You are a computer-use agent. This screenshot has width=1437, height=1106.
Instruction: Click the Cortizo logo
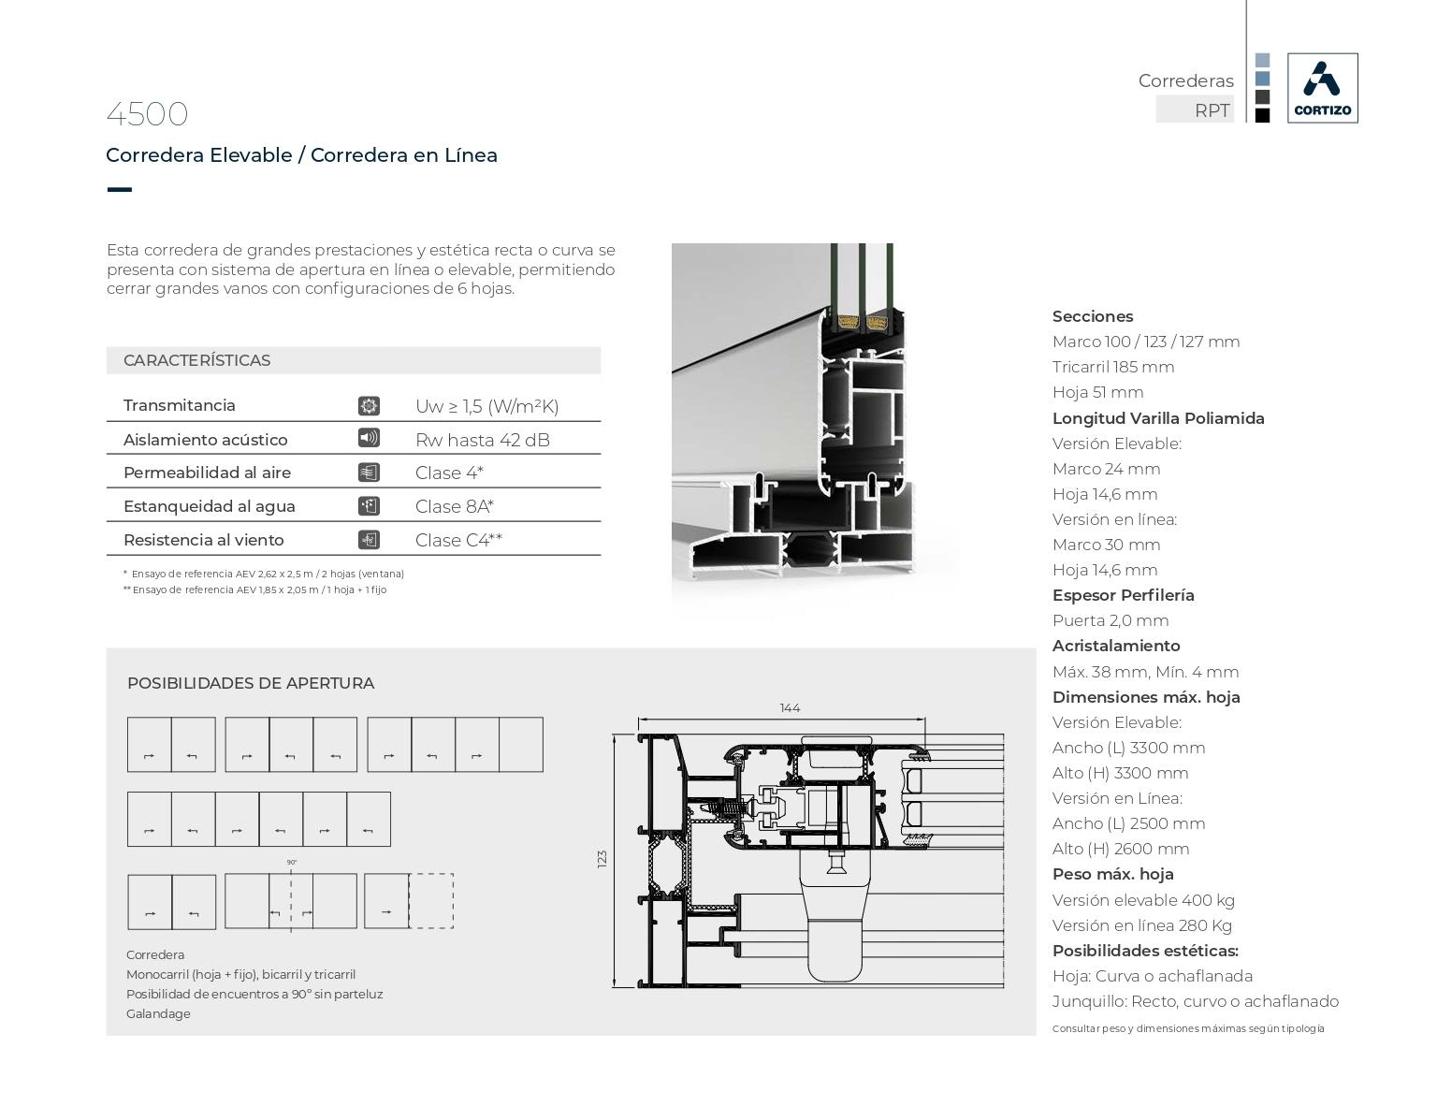tap(1322, 88)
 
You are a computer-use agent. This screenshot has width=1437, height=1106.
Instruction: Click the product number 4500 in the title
tap(147, 114)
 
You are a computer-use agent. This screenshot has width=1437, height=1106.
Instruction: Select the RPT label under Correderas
tap(1212, 110)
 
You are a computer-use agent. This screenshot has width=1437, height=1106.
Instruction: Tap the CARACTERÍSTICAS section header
tap(196, 360)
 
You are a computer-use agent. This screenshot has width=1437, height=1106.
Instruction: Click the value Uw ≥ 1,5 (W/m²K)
tap(486, 406)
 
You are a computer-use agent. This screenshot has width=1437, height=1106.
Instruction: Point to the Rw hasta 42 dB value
tap(482, 440)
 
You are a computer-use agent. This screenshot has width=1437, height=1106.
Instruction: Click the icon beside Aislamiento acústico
tap(369, 438)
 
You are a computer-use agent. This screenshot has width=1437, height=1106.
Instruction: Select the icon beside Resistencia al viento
tap(369, 540)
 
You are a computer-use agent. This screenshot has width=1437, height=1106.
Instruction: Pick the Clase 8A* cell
tap(454, 506)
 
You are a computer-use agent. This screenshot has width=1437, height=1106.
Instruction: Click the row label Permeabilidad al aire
tap(207, 473)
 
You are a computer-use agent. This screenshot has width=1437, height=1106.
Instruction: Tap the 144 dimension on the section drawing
tap(790, 708)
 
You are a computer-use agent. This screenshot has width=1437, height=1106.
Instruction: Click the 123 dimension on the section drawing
tap(602, 858)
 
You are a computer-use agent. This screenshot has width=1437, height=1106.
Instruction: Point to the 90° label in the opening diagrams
tap(292, 863)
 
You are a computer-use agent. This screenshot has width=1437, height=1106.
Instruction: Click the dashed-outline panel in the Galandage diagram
tap(431, 901)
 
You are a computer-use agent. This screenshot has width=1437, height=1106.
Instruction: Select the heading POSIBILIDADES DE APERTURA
tap(251, 683)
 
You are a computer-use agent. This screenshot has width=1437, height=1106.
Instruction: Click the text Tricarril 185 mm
tap(1112, 367)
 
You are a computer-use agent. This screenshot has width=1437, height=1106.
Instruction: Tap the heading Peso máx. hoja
tap(1112, 874)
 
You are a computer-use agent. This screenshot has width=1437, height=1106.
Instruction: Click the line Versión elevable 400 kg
tap(1143, 900)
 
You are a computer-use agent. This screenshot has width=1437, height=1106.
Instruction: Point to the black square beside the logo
tap(1262, 116)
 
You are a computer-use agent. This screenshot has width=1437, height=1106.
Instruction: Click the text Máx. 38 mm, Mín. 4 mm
tap(1145, 672)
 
